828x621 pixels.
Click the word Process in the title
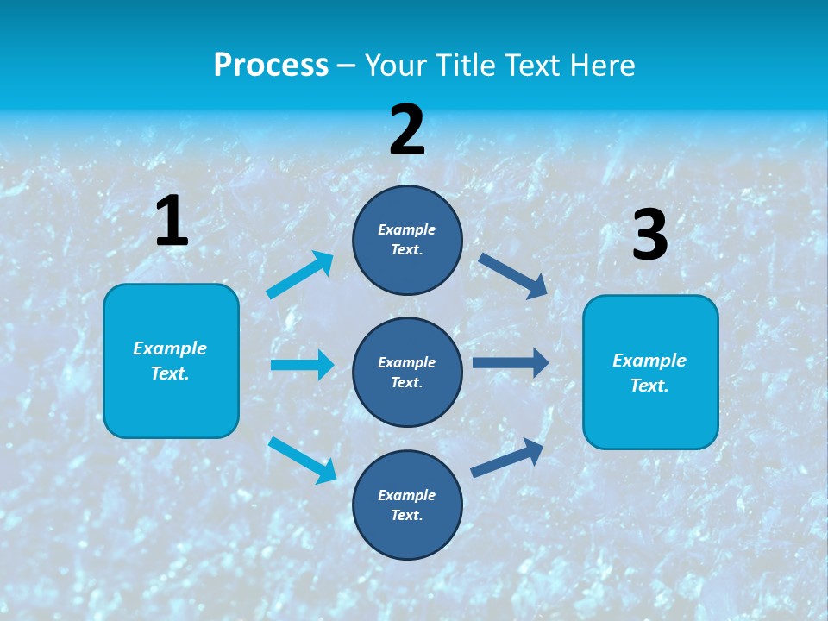[271, 65]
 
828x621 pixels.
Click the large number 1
[172, 221]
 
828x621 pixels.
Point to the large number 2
[407, 130]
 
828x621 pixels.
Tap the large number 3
[649, 235]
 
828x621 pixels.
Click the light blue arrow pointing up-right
[300, 275]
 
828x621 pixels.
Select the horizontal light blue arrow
[302, 365]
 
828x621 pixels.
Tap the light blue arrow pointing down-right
[303, 460]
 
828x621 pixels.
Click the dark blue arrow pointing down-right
[513, 275]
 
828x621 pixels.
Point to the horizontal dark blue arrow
[511, 363]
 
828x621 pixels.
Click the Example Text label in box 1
[170, 361]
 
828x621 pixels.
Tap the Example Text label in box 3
[649, 373]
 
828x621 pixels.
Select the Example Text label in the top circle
[407, 240]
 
